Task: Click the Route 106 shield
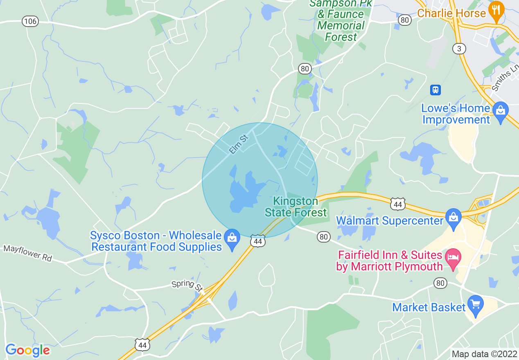(30, 21)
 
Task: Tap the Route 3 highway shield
(459, 49)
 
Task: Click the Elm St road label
(239, 144)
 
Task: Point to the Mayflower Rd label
(28, 253)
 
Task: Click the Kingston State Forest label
(296, 207)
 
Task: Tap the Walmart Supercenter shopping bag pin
(454, 217)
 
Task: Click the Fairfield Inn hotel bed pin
(453, 259)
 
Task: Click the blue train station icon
(435, 90)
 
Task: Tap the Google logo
(27, 350)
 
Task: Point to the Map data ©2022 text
(484, 354)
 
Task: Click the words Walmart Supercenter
(390, 221)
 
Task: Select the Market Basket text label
(429, 307)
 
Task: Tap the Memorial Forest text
(341, 31)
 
